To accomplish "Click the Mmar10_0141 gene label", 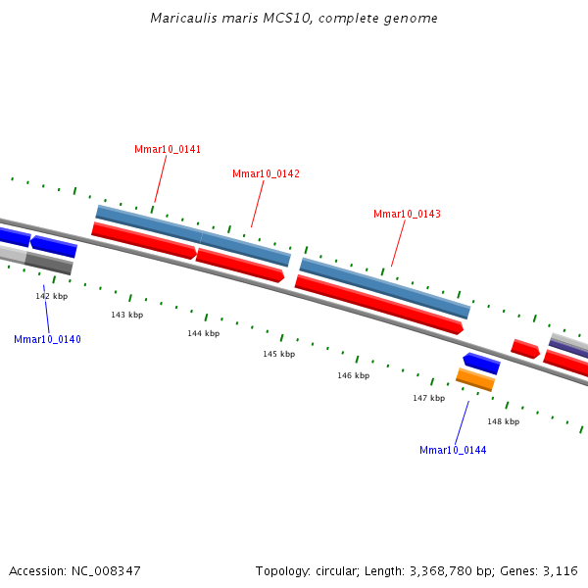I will [168, 149].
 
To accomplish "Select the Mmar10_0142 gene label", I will [266, 173].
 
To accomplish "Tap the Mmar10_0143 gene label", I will [407, 214].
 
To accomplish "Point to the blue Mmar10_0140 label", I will [47, 339].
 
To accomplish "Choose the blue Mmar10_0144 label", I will [453, 450].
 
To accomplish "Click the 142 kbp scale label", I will [52, 296].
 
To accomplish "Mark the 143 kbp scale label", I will [126, 315].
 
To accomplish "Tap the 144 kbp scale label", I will [204, 333].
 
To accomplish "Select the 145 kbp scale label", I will [278, 354].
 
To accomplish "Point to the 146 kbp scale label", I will [354, 375].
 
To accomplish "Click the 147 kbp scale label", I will [428, 398].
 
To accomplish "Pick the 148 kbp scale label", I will [504, 421].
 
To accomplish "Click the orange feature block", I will [475, 379].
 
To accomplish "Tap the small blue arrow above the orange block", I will [481, 364].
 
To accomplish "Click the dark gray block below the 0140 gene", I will [49, 264].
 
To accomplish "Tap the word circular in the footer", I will [331, 570].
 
